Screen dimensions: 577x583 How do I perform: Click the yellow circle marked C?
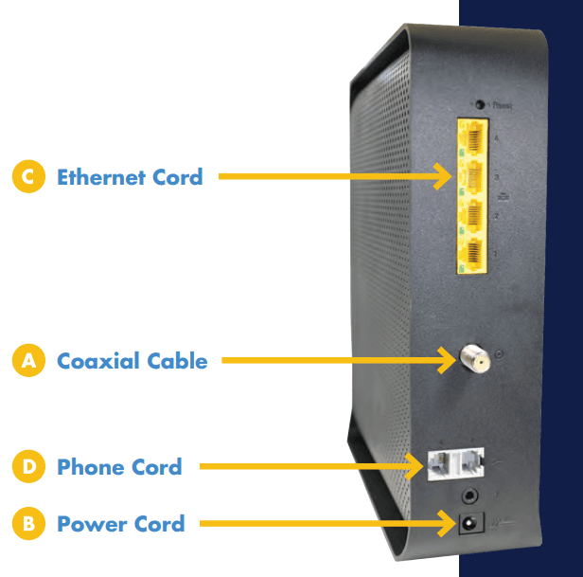28,177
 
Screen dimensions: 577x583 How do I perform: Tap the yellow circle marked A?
28,361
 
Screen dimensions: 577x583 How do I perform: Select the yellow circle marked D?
28,467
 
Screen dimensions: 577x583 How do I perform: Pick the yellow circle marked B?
28,523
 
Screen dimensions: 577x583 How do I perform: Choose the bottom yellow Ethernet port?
470,253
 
